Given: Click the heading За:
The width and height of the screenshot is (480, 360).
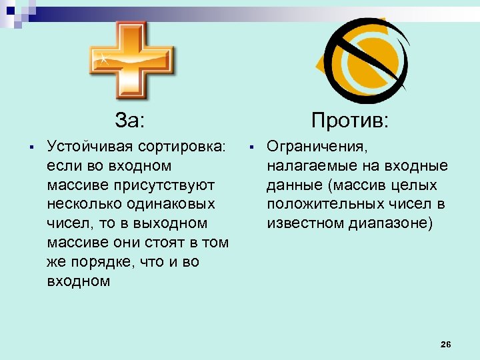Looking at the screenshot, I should (x=129, y=120).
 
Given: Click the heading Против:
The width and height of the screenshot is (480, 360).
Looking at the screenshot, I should (x=350, y=120).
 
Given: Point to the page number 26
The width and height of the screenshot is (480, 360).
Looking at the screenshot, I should (x=446, y=344).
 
